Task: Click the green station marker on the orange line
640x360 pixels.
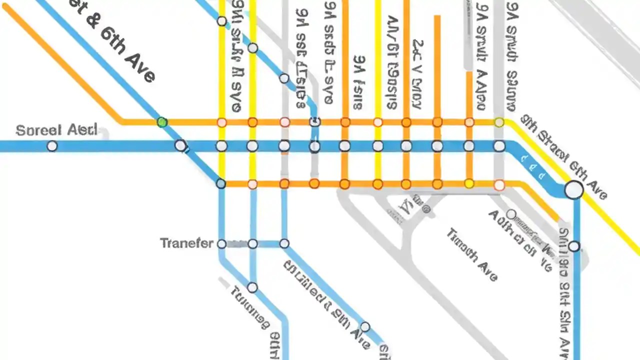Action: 162,122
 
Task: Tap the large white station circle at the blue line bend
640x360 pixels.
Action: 574,190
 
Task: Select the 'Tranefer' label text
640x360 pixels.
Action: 186,243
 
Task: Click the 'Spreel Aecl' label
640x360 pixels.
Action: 56,130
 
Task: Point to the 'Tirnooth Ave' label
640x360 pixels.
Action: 472,254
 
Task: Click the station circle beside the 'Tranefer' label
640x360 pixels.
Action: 221,243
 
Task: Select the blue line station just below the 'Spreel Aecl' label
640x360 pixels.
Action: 52,146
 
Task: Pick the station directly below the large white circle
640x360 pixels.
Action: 574,246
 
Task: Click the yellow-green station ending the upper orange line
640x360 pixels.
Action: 499,122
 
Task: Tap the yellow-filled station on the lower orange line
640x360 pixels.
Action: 469,184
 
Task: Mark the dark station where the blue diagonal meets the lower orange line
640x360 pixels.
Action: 221,183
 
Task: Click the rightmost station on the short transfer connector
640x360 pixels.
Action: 284,243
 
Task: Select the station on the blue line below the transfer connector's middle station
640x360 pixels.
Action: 252,287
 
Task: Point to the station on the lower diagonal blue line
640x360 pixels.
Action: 365,327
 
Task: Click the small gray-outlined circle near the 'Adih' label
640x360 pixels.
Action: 511,214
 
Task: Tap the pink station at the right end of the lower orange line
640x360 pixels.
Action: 499,185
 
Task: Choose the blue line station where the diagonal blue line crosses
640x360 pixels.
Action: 180,145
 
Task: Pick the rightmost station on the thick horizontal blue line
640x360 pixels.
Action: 499,146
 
